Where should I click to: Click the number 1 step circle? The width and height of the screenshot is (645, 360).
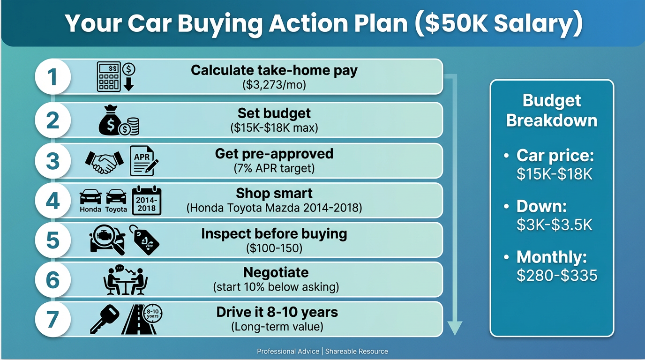[x=53, y=77]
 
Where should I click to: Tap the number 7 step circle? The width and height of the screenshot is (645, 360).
[x=53, y=320]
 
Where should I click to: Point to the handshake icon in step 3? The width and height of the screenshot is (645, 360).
[x=104, y=161]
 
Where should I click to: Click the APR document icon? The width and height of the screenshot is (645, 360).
[x=144, y=161]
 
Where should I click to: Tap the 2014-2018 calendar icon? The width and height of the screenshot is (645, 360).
[x=147, y=201]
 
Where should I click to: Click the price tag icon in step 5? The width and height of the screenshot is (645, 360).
[x=144, y=240]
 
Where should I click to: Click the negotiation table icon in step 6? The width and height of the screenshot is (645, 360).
[x=125, y=280]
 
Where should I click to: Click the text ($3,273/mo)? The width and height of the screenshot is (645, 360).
[x=274, y=85]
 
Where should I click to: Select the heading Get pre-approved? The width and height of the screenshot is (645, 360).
[x=274, y=154]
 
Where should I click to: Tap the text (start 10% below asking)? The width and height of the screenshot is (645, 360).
[x=276, y=286]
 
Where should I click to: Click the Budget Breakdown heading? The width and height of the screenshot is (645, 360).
[x=552, y=110]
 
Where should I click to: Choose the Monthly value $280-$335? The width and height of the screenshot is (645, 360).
[x=557, y=275]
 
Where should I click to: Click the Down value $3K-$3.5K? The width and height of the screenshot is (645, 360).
[x=555, y=225]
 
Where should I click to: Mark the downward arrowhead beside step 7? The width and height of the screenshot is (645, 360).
[x=454, y=328]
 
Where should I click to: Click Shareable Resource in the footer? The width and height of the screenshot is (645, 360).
[x=357, y=351]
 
